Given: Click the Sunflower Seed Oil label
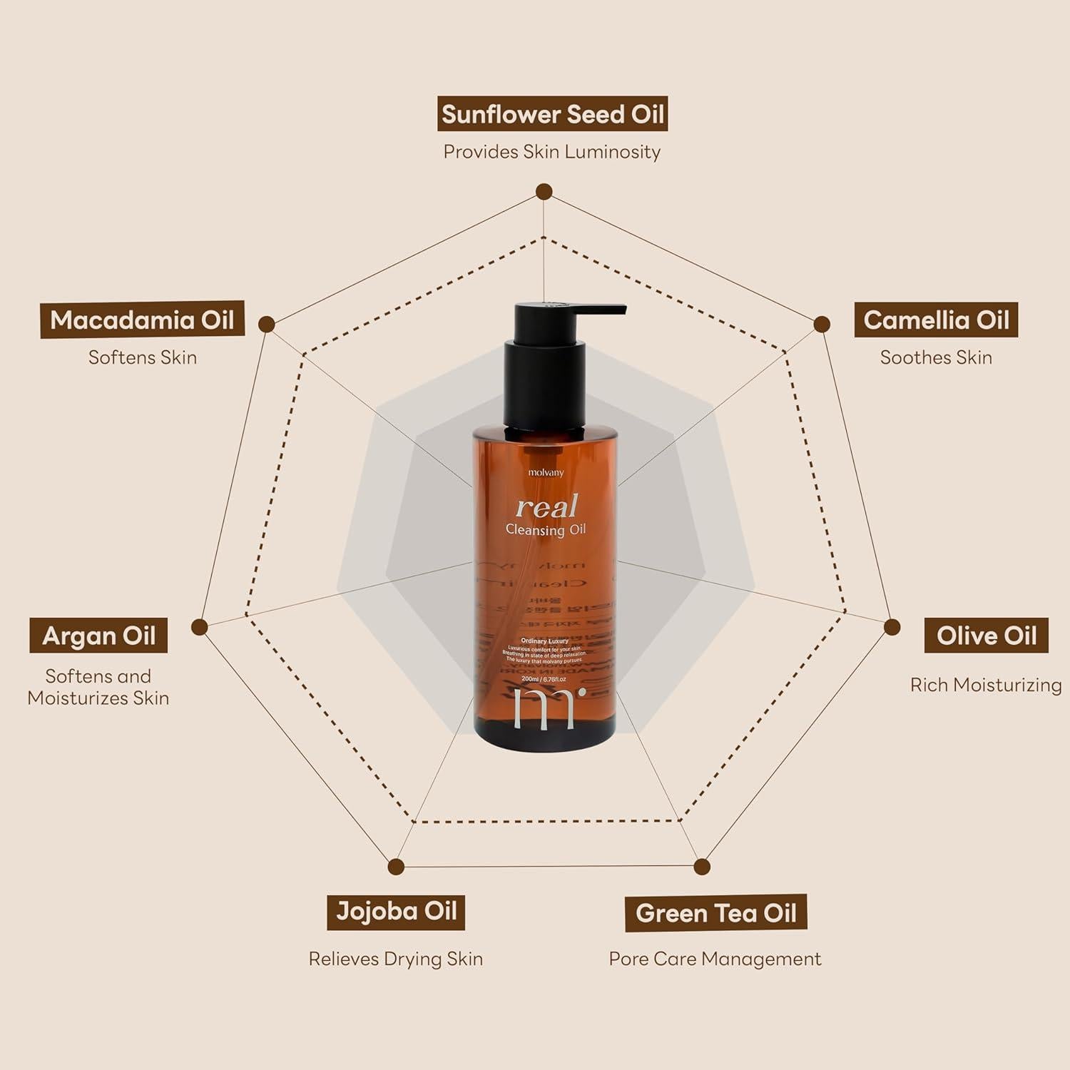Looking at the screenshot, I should tap(552, 115).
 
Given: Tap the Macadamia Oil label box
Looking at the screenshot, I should tap(142, 320).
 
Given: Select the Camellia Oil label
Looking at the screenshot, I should tap(936, 320).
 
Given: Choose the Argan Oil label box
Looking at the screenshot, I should tap(98, 636).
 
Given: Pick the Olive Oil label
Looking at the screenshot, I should tap(986, 636).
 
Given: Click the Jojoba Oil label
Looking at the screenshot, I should tap(396, 912).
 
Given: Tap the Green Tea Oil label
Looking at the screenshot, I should tap(715, 913).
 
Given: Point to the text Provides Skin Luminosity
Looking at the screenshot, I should tap(551, 152).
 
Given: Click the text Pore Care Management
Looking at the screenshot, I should tap(715, 959).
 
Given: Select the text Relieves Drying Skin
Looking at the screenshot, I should tap(395, 959).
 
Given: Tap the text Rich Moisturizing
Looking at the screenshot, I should tap(986, 685).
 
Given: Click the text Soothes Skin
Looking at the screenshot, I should tap(936, 357).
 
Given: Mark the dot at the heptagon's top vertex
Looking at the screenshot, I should tap(544, 191).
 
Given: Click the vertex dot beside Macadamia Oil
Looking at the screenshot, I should tap(266, 325).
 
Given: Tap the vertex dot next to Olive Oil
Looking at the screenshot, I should tap(892, 626).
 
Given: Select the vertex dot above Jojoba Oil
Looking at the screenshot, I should tap(396, 867).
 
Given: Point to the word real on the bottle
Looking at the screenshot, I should tap(546, 506).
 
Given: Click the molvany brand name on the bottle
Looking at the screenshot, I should tap(546, 472).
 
